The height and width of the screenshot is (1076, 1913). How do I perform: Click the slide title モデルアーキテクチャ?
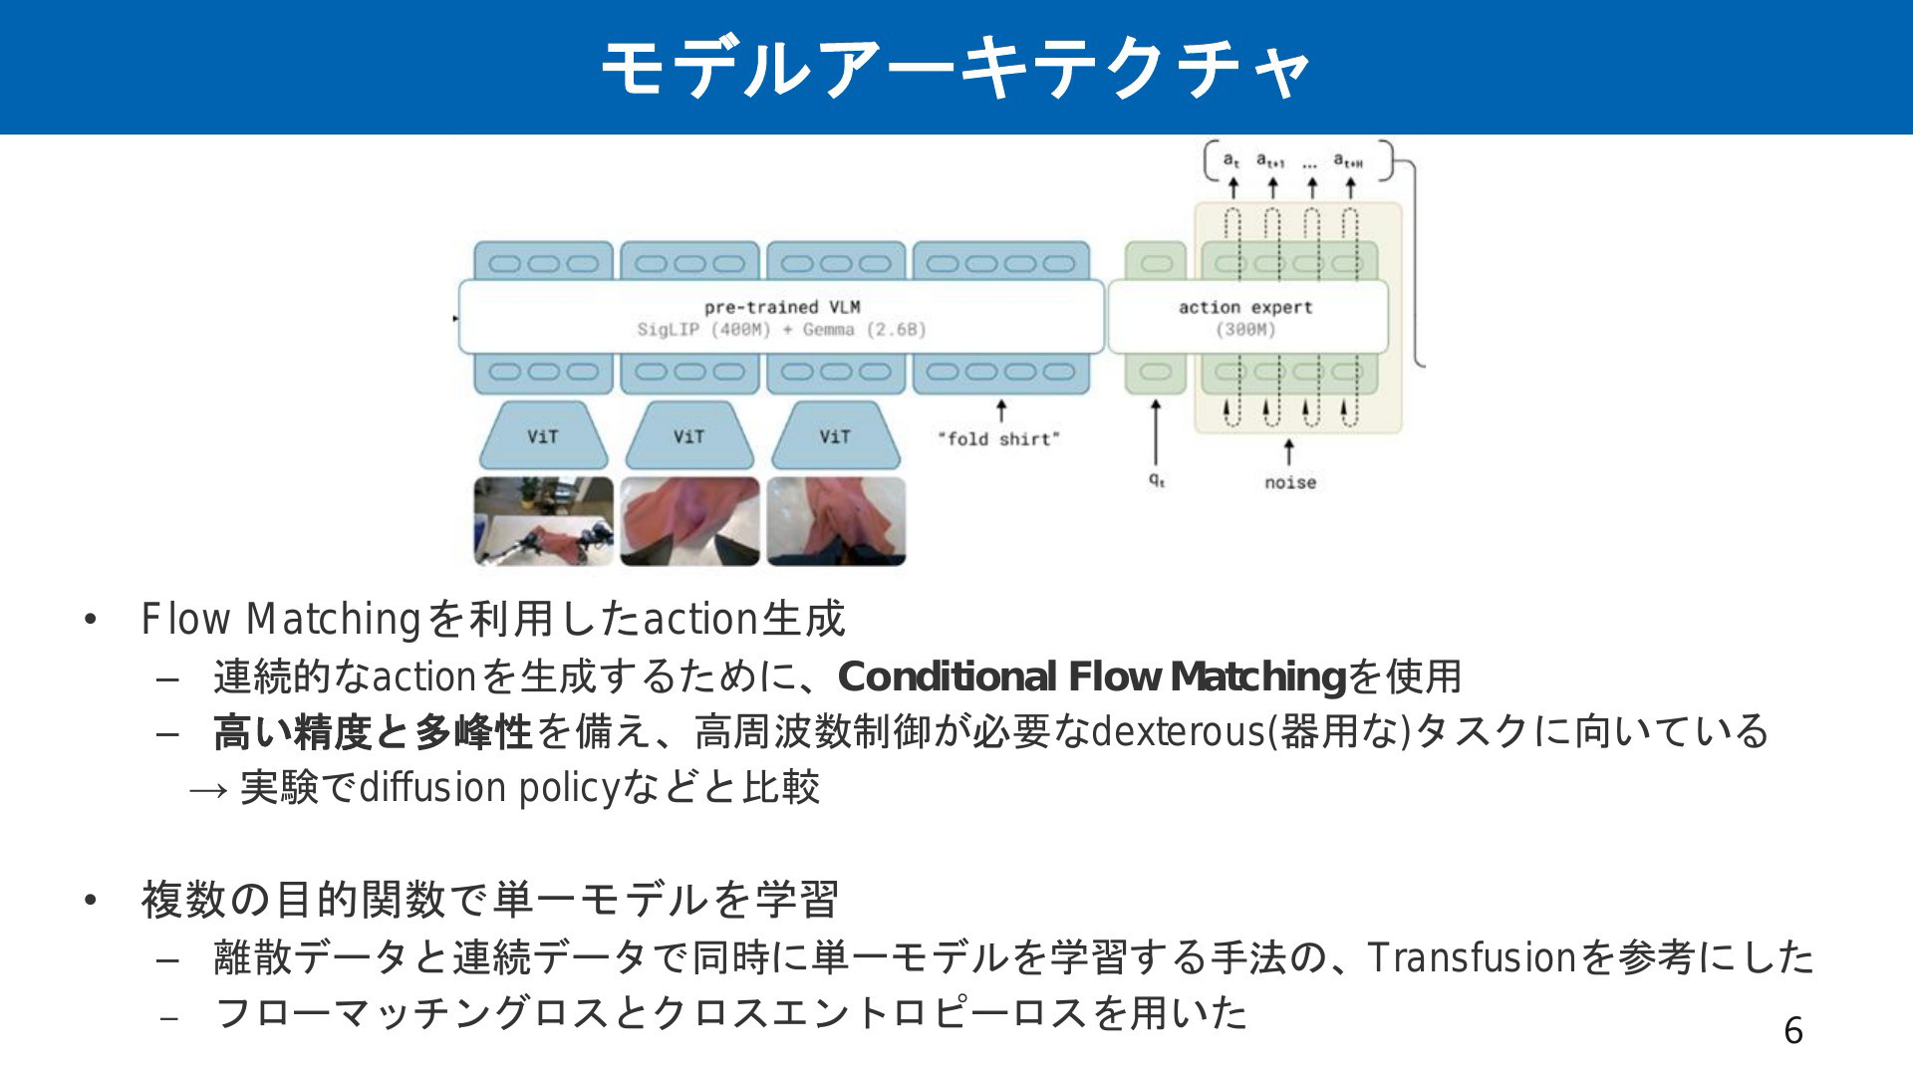[956, 68]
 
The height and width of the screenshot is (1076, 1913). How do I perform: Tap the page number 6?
[1792, 1030]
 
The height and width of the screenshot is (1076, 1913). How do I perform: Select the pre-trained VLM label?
[781, 307]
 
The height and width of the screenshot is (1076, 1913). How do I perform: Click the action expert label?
[1244, 307]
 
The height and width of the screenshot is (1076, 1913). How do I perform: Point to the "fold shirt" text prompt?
[998, 438]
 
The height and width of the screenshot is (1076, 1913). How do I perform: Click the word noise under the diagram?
[1289, 482]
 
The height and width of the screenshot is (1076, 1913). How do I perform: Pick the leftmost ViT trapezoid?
[543, 436]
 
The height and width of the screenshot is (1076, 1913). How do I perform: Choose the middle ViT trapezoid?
[688, 436]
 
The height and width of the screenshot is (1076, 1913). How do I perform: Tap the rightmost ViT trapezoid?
[835, 436]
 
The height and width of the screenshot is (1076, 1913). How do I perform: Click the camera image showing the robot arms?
[543, 521]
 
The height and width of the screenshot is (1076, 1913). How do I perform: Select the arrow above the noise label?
[1289, 452]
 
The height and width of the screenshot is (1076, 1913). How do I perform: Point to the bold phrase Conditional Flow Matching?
[1092, 676]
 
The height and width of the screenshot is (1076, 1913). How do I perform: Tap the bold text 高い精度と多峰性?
[374, 732]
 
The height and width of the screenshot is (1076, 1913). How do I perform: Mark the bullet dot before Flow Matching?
[91, 620]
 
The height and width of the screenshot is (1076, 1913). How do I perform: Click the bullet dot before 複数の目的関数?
[91, 901]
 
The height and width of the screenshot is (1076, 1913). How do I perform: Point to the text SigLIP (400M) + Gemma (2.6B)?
[781, 330]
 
